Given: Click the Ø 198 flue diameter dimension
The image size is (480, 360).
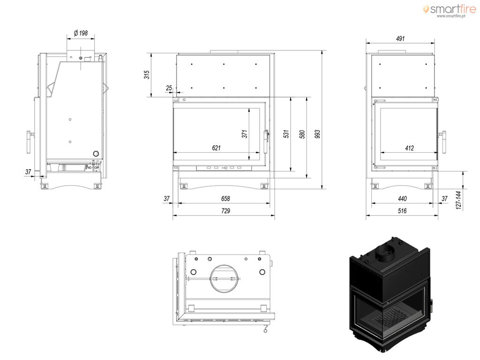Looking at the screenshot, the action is click(81, 33).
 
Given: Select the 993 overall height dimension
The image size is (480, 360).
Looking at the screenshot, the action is click(317, 134).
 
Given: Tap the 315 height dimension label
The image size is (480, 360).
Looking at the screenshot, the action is click(147, 75).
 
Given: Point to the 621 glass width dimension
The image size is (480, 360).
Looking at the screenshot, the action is click(216, 148).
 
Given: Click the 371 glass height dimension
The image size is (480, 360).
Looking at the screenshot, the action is click(244, 134).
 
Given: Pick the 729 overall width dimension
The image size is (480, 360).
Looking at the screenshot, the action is click(225, 210).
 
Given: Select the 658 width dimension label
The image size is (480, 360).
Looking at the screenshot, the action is click(225, 198).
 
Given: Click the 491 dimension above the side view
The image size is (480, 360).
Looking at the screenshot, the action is click(400, 38).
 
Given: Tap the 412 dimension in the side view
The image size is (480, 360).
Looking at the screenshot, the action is click(409, 148).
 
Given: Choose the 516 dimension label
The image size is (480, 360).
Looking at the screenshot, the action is click(402, 210).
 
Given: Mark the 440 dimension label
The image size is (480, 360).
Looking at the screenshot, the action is click(402, 199).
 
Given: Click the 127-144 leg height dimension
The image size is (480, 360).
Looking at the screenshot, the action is click(458, 200).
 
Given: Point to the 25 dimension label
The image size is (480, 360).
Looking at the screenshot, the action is click(169, 88).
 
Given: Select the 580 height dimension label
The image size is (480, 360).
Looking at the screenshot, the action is click(302, 134).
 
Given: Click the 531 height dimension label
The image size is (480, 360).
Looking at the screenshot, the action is click(286, 134).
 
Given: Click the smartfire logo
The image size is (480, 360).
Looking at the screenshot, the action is click(450, 9).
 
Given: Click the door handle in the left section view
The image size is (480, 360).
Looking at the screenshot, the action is click(30, 142).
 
